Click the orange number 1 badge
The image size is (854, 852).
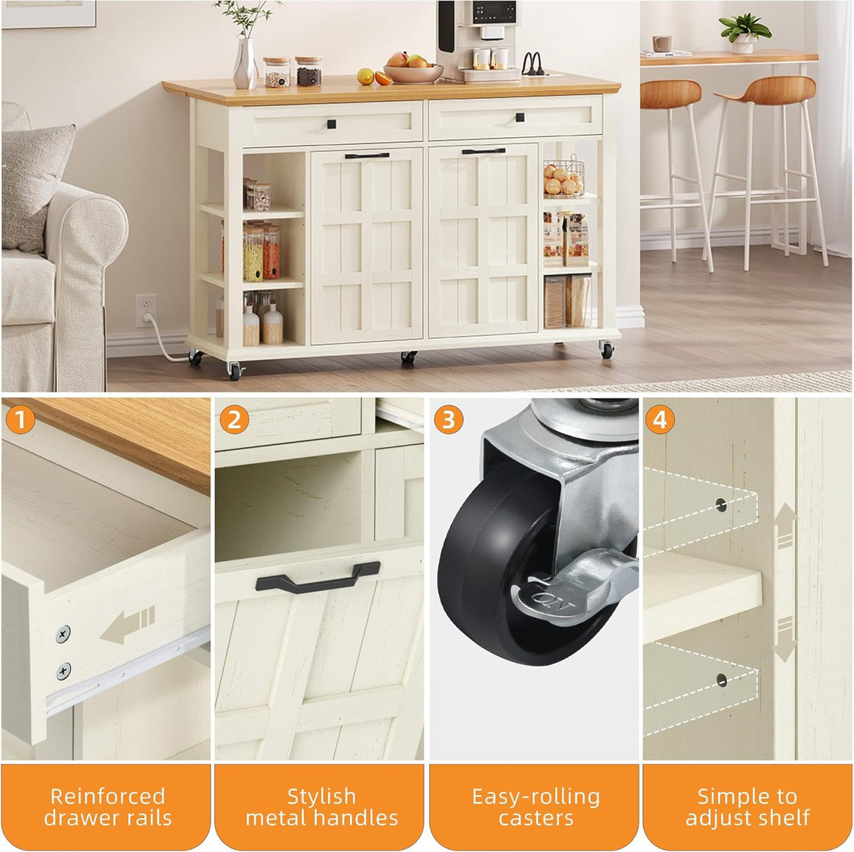20,420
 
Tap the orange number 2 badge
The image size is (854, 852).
234,420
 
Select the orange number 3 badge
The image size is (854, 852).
448,420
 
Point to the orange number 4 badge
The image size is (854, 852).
659,420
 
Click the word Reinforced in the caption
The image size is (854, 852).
107,796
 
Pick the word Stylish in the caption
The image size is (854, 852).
321,796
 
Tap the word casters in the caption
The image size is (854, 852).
535,818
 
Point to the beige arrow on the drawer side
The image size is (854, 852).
127,626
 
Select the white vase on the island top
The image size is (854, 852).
245,65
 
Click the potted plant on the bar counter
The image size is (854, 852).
744,32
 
